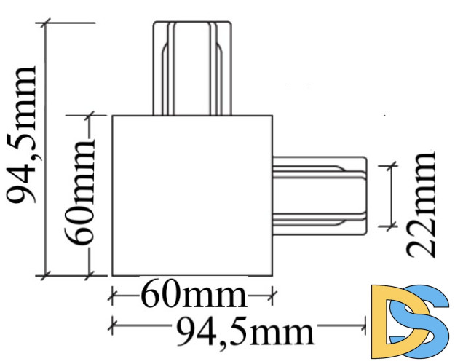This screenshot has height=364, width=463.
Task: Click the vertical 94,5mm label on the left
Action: pyautogui.click(x=21, y=135)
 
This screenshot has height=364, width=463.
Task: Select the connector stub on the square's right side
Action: pyautogui.click(x=320, y=194)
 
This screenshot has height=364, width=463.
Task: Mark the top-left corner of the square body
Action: pyautogui.click(x=111, y=116)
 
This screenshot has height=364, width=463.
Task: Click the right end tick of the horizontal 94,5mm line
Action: pyautogui.click(x=365, y=323)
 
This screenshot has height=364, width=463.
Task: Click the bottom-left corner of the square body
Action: pyautogui.click(x=111, y=275)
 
